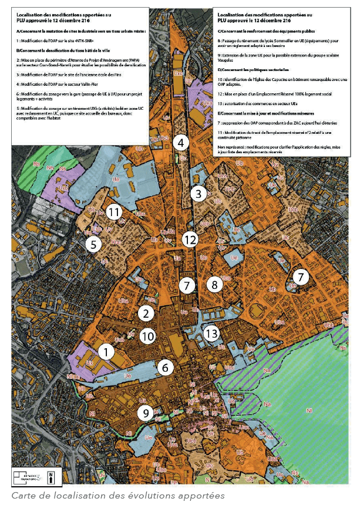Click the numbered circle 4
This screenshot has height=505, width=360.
pyautogui.click(x=181, y=143)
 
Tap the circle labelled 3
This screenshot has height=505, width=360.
pyautogui.click(x=198, y=193)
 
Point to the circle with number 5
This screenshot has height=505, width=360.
pyautogui.click(x=93, y=244)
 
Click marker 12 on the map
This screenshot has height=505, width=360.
pyautogui.click(x=189, y=240)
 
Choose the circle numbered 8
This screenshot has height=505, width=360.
pyautogui.click(x=214, y=285)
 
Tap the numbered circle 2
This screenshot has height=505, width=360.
pyautogui.click(x=146, y=313)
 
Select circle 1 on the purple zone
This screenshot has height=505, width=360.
pyautogui.click(x=106, y=352)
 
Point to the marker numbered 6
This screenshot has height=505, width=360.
pyautogui.click(x=166, y=368)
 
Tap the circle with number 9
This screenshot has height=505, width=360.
pyautogui.click(x=146, y=413)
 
